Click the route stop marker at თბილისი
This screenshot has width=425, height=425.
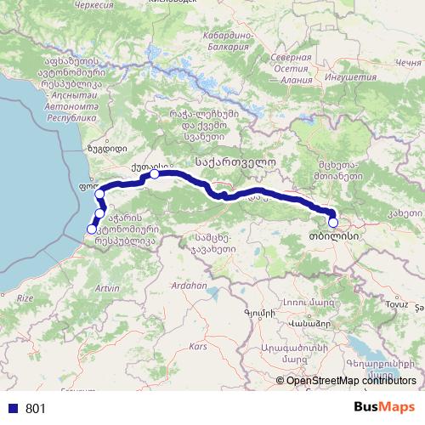coord(333,224)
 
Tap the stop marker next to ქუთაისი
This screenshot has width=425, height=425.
coord(155,174)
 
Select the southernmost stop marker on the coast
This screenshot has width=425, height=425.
coord(92,229)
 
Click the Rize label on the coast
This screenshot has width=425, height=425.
coord(25,298)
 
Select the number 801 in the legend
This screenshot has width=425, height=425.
coord(36,409)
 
